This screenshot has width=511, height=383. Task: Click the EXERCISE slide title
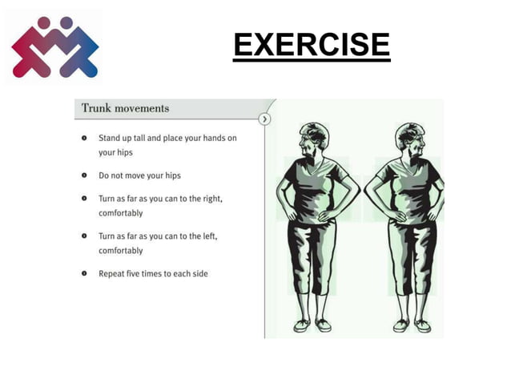tap(312, 46)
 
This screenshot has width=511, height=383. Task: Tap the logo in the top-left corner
tap(54, 47)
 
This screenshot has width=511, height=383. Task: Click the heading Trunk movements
tap(125, 109)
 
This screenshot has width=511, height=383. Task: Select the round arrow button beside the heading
tap(265, 119)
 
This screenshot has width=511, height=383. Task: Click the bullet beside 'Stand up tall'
tap(84, 138)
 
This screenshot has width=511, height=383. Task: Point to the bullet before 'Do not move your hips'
tap(84, 175)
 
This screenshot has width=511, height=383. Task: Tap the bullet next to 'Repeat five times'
tap(84, 273)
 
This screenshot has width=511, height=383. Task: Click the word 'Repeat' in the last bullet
tap(111, 274)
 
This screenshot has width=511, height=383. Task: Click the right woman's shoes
tap(412, 325)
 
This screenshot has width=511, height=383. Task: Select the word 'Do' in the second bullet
tap(103, 175)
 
